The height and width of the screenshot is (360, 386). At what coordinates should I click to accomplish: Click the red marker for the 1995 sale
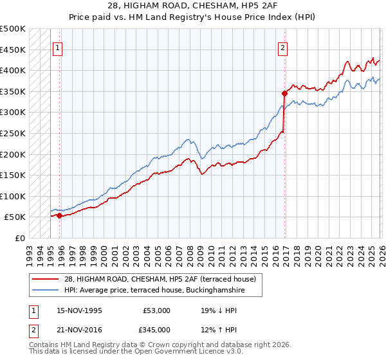59,216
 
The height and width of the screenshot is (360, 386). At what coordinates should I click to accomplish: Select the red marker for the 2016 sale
284,94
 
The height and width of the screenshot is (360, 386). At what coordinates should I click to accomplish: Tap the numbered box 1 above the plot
58,47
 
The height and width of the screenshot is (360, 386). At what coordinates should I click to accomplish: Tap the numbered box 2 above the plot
282,47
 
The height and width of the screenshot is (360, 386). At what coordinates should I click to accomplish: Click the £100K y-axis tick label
13,196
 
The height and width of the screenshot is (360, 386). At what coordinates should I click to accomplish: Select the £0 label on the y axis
20,238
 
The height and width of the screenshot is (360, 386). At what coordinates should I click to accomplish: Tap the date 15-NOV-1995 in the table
78,310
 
